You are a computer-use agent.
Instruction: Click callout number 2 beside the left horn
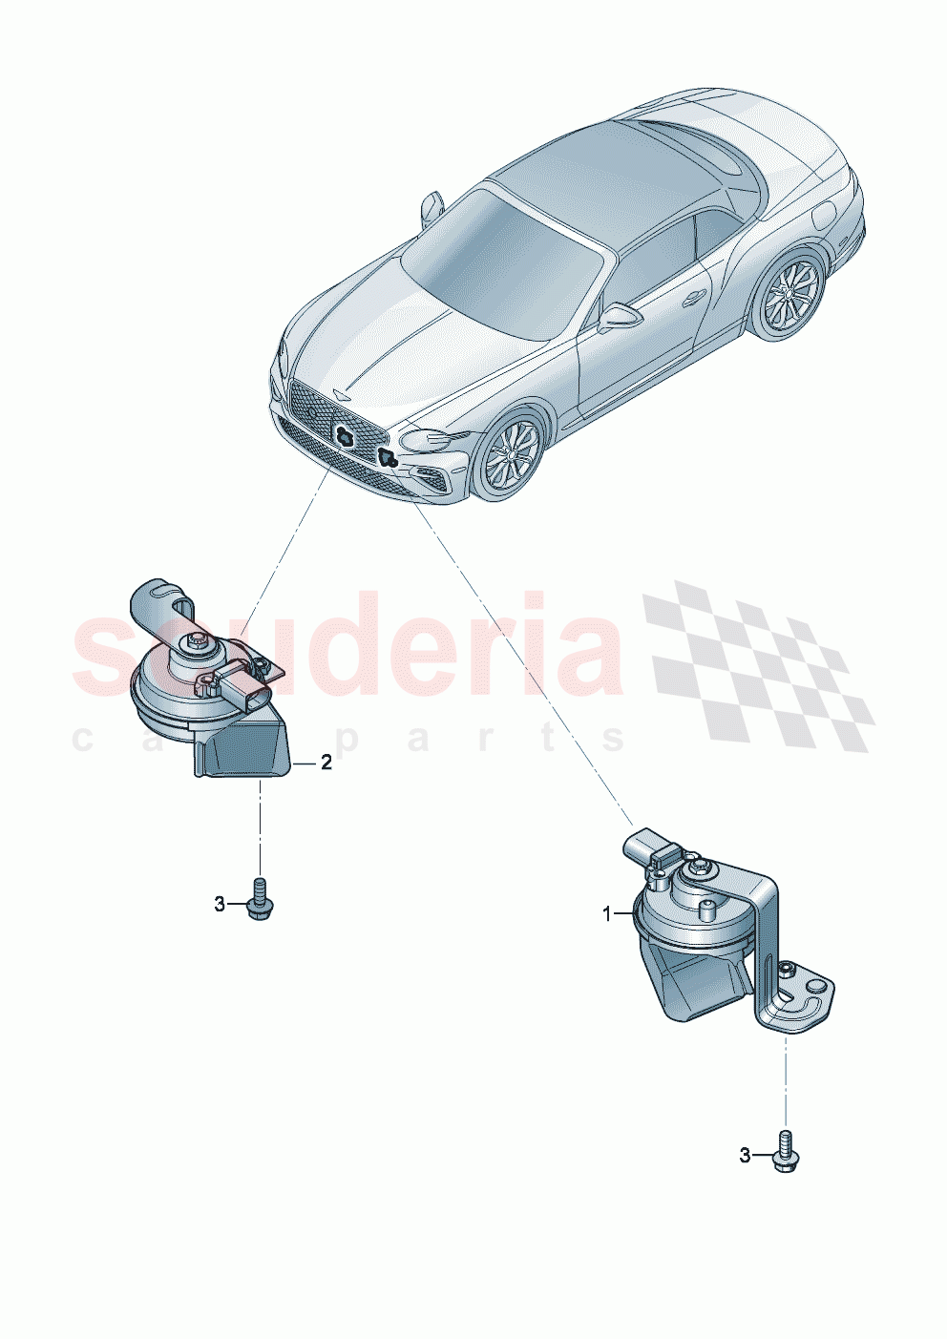(x=326, y=763)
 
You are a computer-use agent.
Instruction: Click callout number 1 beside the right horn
(x=606, y=914)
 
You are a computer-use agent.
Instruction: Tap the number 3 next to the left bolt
(x=220, y=904)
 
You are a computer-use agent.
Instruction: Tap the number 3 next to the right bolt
(x=746, y=1156)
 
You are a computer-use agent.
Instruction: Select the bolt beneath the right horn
(x=786, y=1152)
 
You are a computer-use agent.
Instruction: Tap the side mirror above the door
(x=619, y=316)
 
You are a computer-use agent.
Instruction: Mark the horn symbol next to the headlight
(x=387, y=457)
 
